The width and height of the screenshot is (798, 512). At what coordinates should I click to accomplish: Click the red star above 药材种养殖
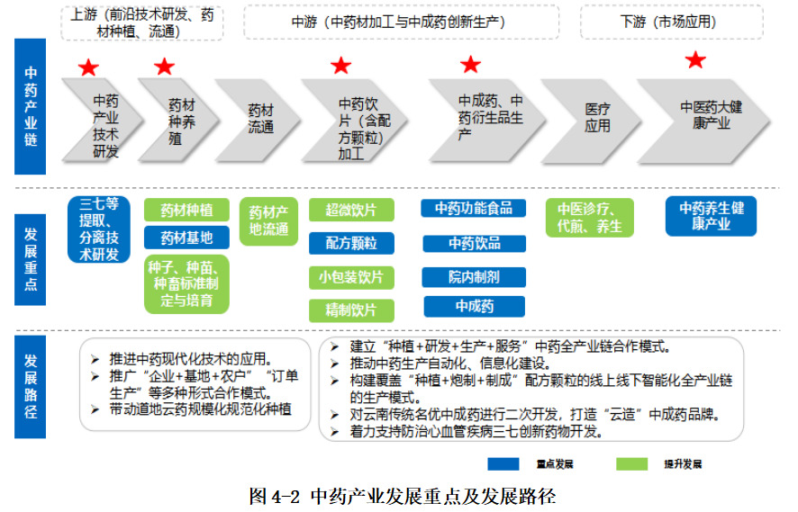click(x=164, y=67)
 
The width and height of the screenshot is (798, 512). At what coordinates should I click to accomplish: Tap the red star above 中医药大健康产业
click(x=695, y=60)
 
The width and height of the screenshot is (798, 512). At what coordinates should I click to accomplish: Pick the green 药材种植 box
click(x=186, y=211)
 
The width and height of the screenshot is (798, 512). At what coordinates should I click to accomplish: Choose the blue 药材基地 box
click(x=186, y=238)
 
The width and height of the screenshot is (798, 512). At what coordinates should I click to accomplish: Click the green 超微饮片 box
click(x=350, y=211)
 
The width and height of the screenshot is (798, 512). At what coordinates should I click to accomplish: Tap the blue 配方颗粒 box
click(x=350, y=243)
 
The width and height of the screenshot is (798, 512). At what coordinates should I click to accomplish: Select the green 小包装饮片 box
click(x=350, y=277)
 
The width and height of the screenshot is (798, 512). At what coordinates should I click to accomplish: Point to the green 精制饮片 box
click(x=350, y=310)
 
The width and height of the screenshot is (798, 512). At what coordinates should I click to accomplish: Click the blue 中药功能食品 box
click(x=473, y=209)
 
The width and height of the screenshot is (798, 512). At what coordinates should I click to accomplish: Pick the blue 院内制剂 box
click(x=473, y=276)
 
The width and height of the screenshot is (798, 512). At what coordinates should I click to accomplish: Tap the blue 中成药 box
click(x=473, y=306)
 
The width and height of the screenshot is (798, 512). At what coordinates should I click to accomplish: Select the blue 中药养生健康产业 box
click(x=711, y=216)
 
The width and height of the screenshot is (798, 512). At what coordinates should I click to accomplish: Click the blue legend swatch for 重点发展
click(x=511, y=464)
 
